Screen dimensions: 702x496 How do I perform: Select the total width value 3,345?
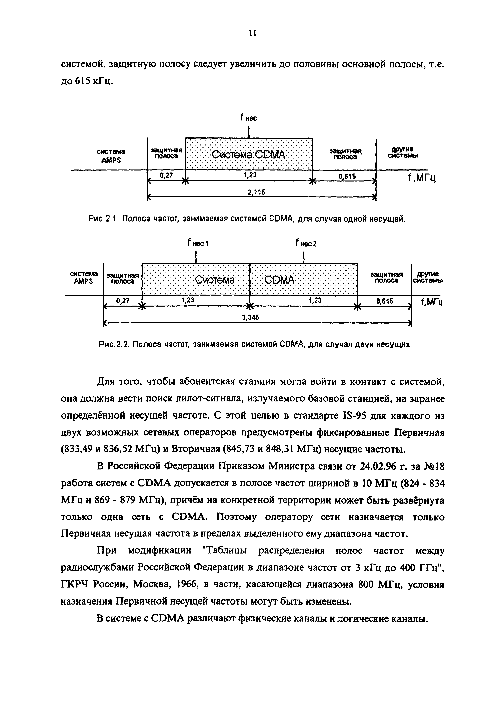[251, 317]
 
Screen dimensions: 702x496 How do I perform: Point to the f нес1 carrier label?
[198, 243]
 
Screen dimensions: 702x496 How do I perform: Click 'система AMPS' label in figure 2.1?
[111, 156]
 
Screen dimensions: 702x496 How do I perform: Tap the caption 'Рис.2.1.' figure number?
[103, 219]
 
